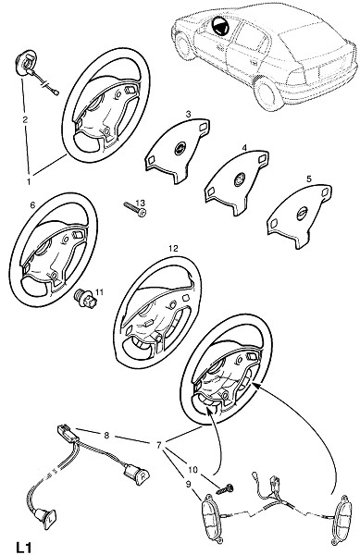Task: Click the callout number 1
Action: tap(29, 181)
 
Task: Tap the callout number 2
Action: tap(25, 119)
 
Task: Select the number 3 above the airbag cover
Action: tap(188, 114)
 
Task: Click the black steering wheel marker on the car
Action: tap(219, 27)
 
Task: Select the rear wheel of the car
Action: tap(267, 93)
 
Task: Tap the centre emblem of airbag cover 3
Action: tap(180, 148)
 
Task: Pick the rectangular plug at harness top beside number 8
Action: tap(67, 434)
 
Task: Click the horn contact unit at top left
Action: tap(27, 65)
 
